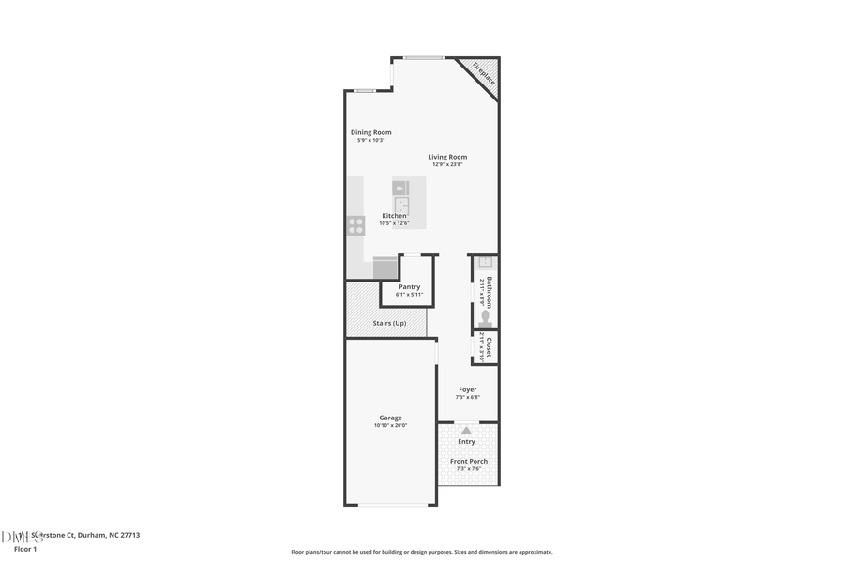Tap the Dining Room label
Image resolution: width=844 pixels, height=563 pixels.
click(370, 132)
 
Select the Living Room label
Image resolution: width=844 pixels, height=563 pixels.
click(447, 157)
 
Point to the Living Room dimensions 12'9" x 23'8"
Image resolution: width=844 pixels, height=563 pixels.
click(447, 165)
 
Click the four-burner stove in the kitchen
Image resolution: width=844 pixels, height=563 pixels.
click(355, 225)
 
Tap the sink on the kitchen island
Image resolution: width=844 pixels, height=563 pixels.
click(400, 187)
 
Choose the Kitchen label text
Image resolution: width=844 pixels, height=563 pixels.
click(394, 216)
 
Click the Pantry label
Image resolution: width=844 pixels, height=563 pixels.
click(409, 286)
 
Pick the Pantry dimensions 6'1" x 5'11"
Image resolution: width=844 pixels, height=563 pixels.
click(409, 295)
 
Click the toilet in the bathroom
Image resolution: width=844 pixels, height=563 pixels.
click(485, 316)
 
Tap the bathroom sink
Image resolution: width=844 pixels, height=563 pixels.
click(485, 263)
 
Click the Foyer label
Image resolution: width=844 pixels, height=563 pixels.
click(467, 389)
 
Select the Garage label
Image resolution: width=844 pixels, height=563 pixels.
click(390, 418)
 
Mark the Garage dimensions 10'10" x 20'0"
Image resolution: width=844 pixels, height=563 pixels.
click(390, 426)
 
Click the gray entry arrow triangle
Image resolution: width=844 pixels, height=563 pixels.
click(466, 430)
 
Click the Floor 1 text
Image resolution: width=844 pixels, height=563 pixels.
click(24, 549)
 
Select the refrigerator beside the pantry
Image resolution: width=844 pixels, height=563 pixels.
click(384, 267)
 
